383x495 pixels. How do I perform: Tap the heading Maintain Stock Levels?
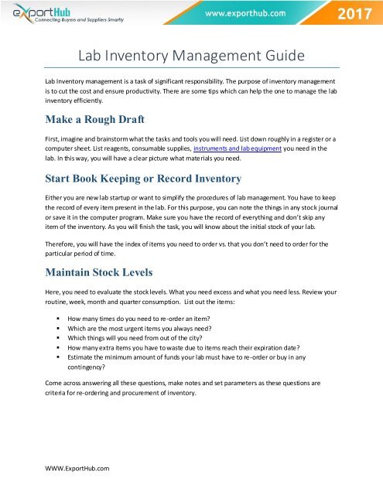pos(108,271)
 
